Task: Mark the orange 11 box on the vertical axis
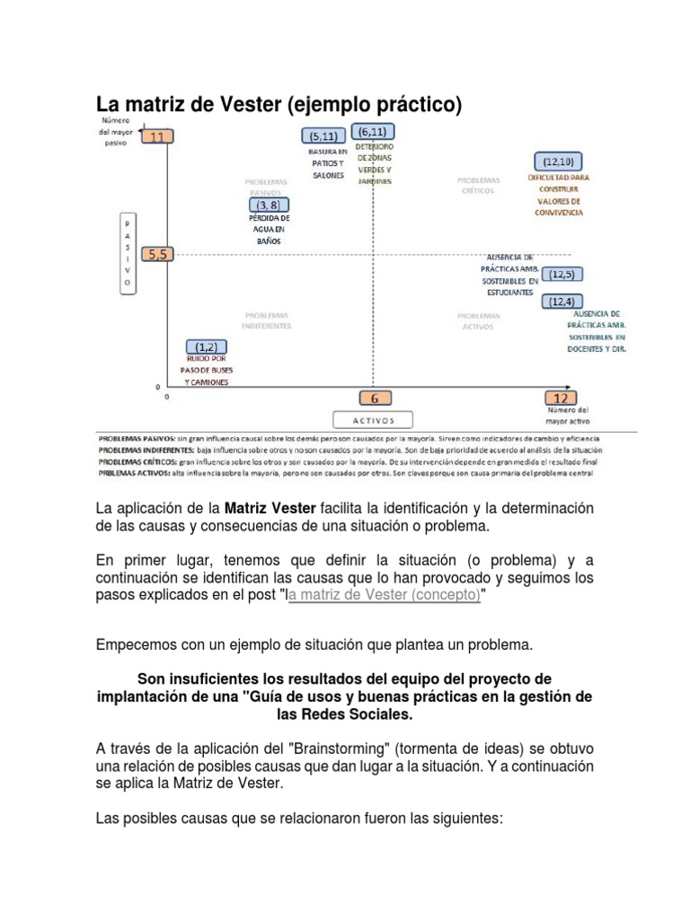pyautogui.click(x=158, y=137)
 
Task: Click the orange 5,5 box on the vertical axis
pyautogui.click(x=158, y=254)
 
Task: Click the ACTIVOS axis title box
pyautogui.click(x=373, y=419)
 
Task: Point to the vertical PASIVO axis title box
pyautogui.click(x=128, y=252)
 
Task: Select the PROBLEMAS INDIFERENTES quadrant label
pyautogui.click(x=267, y=320)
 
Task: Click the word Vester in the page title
pyautogui.click(x=251, y=105)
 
